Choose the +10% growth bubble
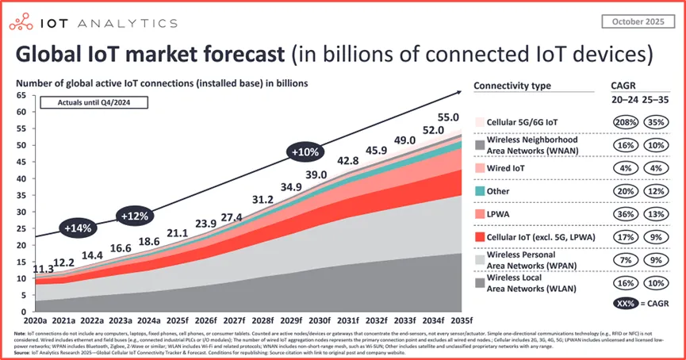pos(305,151)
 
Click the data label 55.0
pos(448,117)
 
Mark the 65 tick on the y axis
pos(21,95)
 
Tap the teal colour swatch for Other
pos(481,192)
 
